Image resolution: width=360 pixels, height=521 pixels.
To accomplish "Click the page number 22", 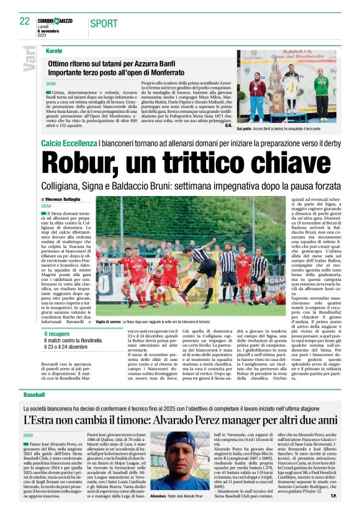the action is pos(25,21).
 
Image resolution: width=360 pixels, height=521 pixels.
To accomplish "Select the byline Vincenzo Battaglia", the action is pos(63,200).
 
